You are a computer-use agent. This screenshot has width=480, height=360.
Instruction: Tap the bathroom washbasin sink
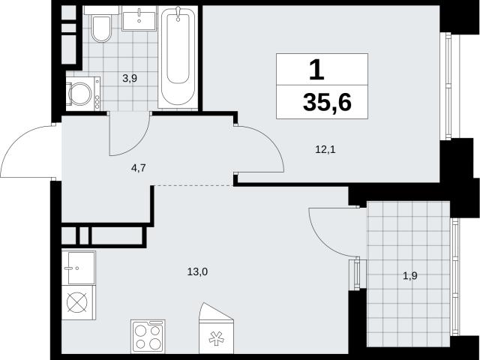coord(139,19)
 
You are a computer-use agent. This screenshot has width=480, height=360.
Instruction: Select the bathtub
coord(178,57)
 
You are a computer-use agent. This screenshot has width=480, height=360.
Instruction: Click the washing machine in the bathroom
coord(83,94)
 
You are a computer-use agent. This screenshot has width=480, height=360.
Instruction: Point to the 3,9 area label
coord(130,79)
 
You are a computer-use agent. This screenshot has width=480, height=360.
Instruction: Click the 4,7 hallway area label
coord(138,168)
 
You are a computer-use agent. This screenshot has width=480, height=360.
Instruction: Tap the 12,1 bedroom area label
coord(325,150)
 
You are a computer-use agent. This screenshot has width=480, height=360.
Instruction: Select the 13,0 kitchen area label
coord(197,271)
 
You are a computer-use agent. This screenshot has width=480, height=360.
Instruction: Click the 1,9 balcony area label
coord(410,277)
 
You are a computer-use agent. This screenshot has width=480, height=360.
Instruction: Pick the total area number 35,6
coord(327,102)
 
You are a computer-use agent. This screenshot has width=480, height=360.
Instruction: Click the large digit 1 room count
coord(316,70)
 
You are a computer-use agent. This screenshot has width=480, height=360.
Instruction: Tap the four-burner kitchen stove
coord(148,337)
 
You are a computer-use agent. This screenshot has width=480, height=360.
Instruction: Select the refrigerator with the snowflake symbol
coord(217,328)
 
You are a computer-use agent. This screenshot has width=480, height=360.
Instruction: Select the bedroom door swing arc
coord(269,142)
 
